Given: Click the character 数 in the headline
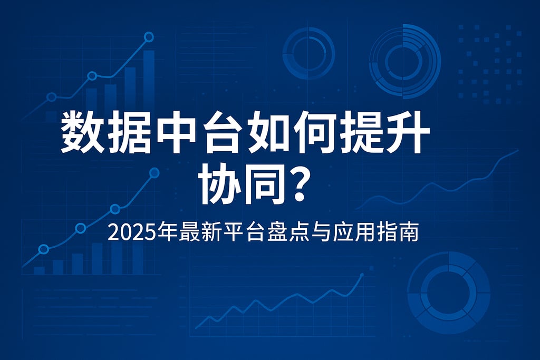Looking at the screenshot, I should (82, 132).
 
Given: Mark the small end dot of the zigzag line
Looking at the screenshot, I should (362, 275).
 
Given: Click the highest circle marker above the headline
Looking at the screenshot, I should (149, 37).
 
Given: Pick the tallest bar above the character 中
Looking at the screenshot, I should (149, 79).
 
